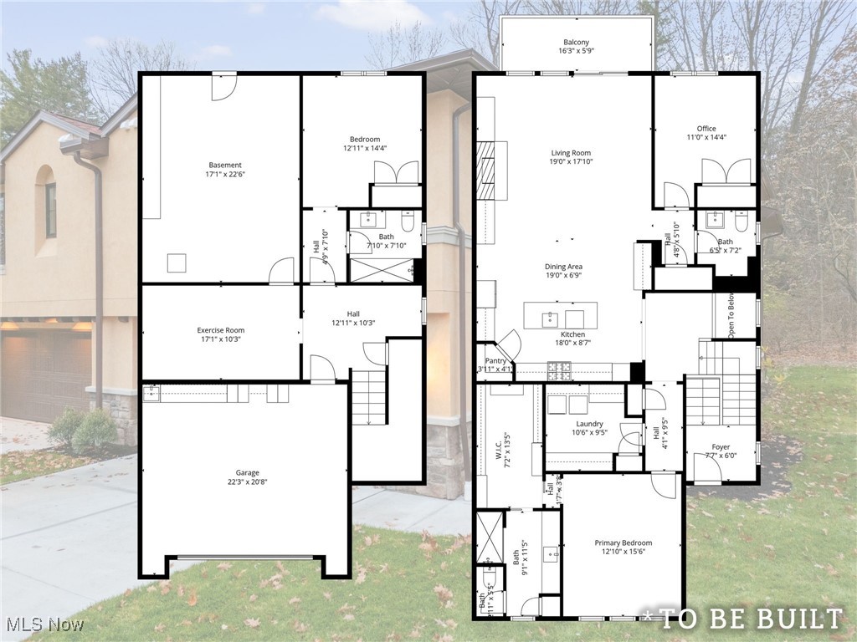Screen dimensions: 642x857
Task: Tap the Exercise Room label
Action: coord(221,330)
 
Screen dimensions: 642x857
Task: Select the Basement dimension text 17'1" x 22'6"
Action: coord(224,174)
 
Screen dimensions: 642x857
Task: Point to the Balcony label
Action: coord(576,43)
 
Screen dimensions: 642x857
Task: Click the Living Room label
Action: coord(571,153)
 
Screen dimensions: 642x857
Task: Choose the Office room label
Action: coord(706,129)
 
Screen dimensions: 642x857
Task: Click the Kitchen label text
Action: coord(572,334)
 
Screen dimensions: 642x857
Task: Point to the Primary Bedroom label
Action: coord(623,543)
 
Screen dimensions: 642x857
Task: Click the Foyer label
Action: coord(721,447)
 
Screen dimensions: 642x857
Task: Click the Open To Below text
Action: coord(731,316)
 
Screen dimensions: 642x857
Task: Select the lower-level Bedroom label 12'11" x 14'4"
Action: coord(365,139)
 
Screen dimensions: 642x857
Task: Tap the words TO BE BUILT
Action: coord(750,619)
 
